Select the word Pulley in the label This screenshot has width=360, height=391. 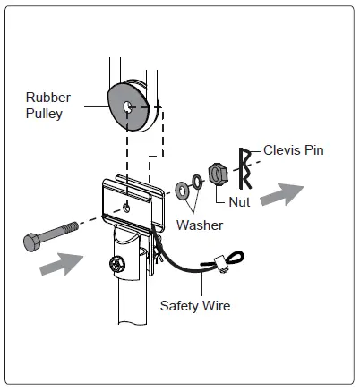click(x=43, y=114)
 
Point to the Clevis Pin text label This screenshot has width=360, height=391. click(x=293, y=150)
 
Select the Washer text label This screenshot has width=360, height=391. click(x=199, y=225)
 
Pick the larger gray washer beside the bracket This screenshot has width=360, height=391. click(x=184, y=189)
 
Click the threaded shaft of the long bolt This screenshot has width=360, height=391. click(x=63, y=231)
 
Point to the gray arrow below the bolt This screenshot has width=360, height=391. click(x=63, y=265)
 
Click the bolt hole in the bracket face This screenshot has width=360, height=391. click(x=130, y=208)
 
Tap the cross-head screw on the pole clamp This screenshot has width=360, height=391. click(x=115, y=265)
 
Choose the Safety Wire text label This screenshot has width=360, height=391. click(x=195, y=306)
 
